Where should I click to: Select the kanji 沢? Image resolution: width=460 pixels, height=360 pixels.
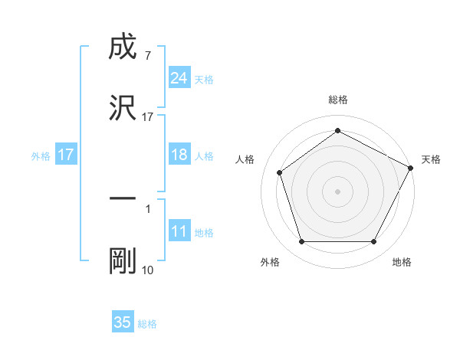coord(123,107)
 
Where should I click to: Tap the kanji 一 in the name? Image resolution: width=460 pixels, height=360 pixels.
coord(123,198)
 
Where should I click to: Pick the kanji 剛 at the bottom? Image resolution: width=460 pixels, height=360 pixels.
coord(123,261)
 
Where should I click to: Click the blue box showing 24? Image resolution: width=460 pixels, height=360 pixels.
coord(179,77)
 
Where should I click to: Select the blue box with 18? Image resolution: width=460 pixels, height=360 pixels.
coord(179,155)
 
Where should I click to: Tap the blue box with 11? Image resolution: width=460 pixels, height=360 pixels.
coord(179,231)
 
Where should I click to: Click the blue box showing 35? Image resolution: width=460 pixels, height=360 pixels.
coord(123,322)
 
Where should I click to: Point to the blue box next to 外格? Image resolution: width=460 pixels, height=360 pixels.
coord(65,155)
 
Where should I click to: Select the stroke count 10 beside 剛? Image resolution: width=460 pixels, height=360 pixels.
coord(147,270)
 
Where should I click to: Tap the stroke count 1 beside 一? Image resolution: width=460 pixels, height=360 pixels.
coord(147,208)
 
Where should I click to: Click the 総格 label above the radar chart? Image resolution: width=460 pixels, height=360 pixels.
coord(337,100)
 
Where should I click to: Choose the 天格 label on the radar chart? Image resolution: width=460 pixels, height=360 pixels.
coord(431,159)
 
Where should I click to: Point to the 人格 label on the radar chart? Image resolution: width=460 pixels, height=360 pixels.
coord(245,159)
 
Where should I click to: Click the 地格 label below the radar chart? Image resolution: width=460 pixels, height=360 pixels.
coord(402,262)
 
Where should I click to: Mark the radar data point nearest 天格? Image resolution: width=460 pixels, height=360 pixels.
coord(412,167)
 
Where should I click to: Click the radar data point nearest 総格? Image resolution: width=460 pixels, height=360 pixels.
coord(337,131)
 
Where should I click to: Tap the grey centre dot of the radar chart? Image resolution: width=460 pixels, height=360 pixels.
coord(337,191)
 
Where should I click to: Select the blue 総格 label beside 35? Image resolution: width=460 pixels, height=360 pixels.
coord(147,324)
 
